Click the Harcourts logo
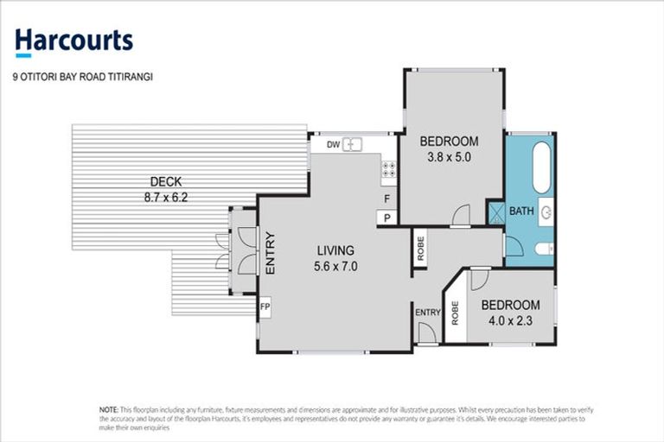pos(73,40)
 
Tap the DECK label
pos(165,181)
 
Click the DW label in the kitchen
pos(333,145)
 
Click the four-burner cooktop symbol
pos(388,170)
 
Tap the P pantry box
pos(387,218)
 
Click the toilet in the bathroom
pos(543,249)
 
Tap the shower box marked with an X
pos(496,213)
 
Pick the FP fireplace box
pos(265,306)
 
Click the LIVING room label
pos(334,250)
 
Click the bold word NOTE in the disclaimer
pos(108,408)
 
